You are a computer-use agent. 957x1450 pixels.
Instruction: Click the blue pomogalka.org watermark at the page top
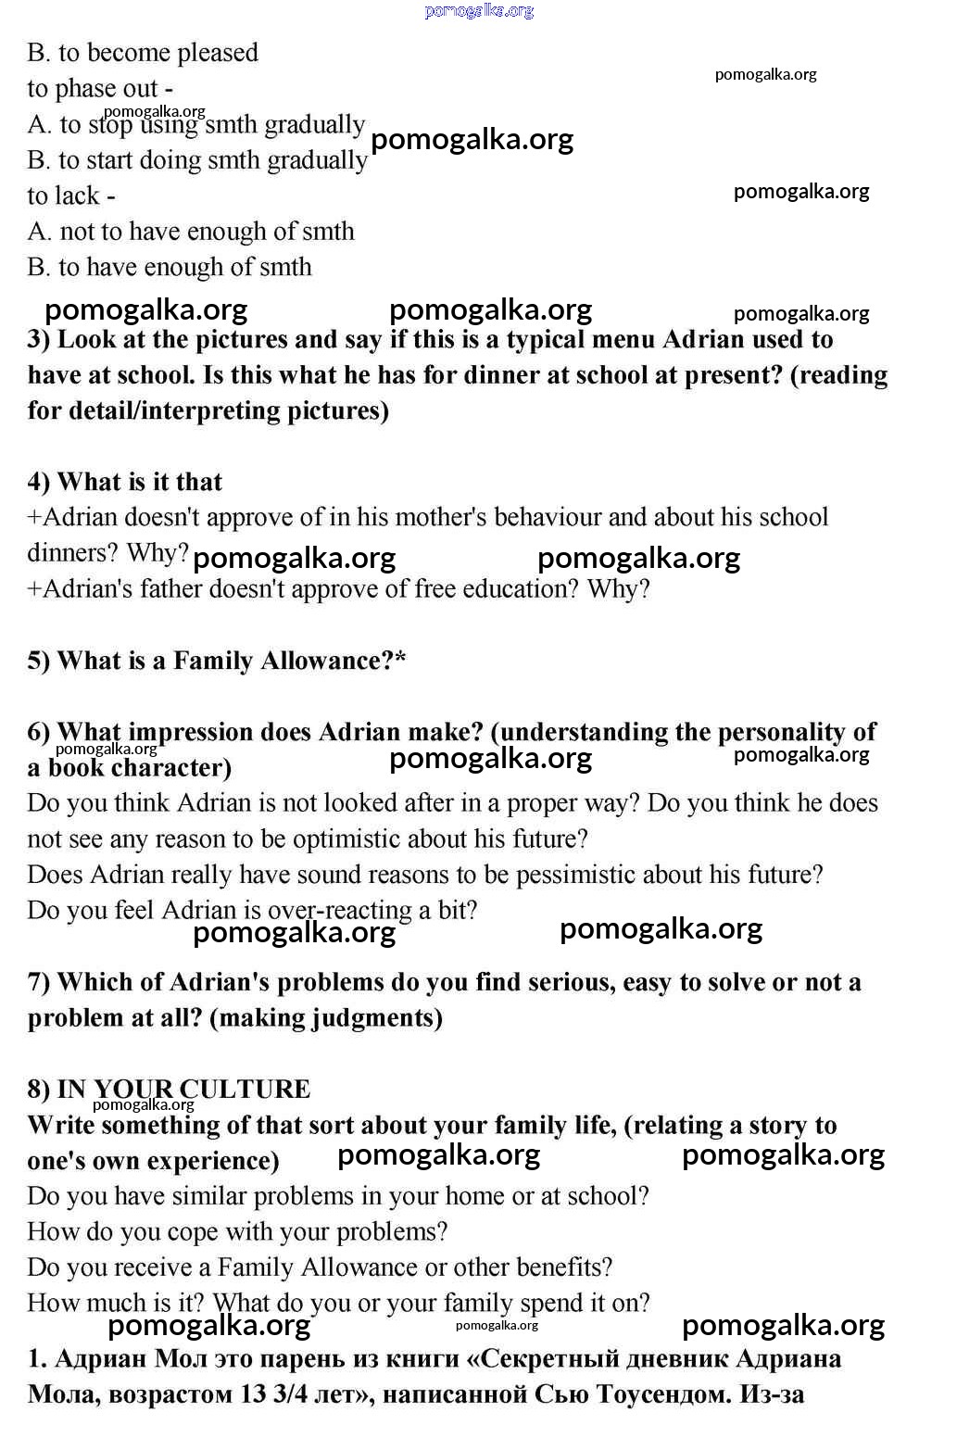click(479, 11)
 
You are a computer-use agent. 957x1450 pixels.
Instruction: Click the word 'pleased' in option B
click(217, 53)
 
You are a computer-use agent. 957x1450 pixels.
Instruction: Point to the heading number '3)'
click(39, 340)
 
